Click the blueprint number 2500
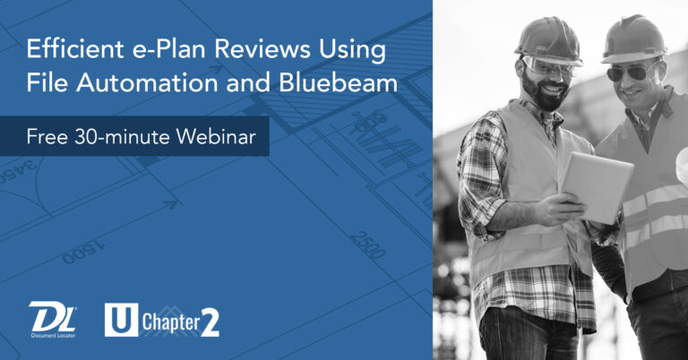point(368,243)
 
